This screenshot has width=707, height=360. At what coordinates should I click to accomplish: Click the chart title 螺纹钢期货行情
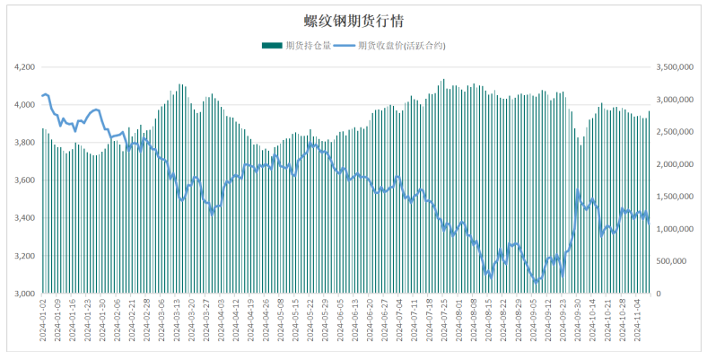pos(353,21)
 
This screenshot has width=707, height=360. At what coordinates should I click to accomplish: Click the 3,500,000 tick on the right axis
pos(676,67)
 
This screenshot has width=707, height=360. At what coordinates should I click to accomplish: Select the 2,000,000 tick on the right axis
pos(676,164)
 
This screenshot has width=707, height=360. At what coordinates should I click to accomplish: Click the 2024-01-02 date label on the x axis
pos(43,320)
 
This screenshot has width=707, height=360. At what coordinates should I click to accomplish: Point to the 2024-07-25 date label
pos(444,320)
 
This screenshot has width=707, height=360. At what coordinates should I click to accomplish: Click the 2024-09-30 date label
pos(577,320)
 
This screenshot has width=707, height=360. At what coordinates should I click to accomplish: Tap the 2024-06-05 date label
pos(340,320)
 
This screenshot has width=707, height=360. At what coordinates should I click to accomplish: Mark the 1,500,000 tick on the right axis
pos(676,197)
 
